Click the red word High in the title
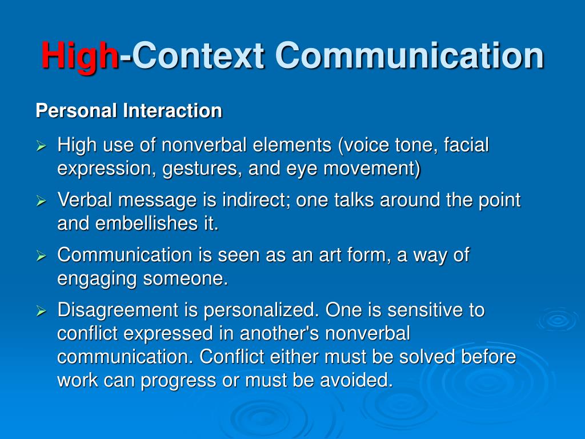pyautogui.click(x=80, y=56)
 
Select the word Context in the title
pyautogui.click(x=198, y=55)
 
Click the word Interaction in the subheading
pyautogui.click(x=173, y=110)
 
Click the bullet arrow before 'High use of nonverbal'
pyautogui.click(x=41, y=146)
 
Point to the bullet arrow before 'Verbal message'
pyautogui.click(x=41, y=201)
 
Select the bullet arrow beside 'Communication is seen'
pyautogui.click(x=41, y=256)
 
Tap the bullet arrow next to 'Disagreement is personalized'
pyautogui.click(x=41, y=310)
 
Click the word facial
pyautogui.click(x=466, y=145)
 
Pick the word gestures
pyautogui.click(x=200, y=169)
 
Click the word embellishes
pyautogui.click(x=146, y=224)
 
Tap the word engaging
pyautogui.click(x=97, y=279)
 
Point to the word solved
pyautogui.click(x=427, y=356)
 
